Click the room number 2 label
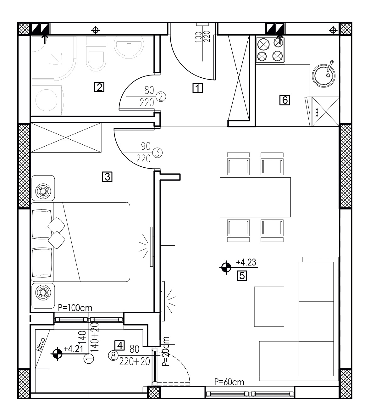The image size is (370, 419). (99, 87)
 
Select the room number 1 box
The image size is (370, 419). (198, 88)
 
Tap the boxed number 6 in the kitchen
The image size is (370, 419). (284, 100)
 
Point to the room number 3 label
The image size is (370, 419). (107, 177)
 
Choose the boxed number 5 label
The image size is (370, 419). (242, 276)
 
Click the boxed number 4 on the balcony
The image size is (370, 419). (120, 345)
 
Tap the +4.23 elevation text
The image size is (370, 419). (246, 262)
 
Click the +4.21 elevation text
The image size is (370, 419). (73, 349)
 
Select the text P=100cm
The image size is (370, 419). (75, 308)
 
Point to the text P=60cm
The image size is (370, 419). (229, 382)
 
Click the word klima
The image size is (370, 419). (41, 344)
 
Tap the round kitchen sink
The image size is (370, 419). (324, 75)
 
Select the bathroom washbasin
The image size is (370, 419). (129, 47)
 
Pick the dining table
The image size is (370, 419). (255, 197)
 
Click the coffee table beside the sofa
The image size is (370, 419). (269, 306)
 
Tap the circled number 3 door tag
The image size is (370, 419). (157, 153)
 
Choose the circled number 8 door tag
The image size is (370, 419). (113, 356)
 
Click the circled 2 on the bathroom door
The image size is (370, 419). (161, 97)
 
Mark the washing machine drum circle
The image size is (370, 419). (46, 100)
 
